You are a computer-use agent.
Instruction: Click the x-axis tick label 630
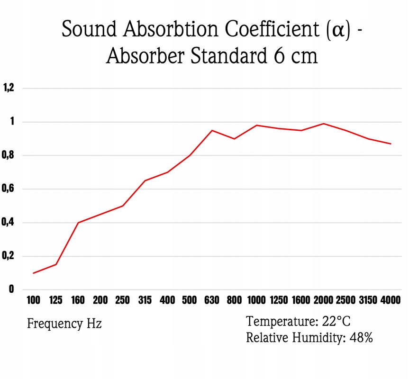pyautogui.click(x=212, y=300)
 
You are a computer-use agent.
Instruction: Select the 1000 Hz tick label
pyautogui.click(x=256, y=300)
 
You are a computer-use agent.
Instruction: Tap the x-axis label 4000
pyautogui.click(x=391, y=300)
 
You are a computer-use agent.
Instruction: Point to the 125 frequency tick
pyautogui.click(x=56, y=300)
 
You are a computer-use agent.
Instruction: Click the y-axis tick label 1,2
pyautogui.click(x=9, y=88)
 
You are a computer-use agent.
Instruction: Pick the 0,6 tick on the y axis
pyautogui.click(x=9, y=189)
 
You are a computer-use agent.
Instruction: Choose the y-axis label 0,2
pyautogui.click(x=9, y=256)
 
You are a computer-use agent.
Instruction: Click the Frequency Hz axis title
pyautogui.click(x=64, y=324)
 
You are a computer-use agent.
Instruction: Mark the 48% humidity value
pyautogui.click(x=362, y=338)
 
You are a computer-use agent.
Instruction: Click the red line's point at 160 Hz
pyautogui.click(x=78, y=222)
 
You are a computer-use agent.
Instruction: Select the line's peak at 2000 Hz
pyautogui.click(x=324, y=124)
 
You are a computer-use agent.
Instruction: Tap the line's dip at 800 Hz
pyautogui.click(x=234, y=139)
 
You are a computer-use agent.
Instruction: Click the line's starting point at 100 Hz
pyautogui.click(x=34, y=273)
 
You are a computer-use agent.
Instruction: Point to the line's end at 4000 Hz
pyautogui.click(x=391, y=144)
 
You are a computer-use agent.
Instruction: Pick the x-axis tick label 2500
pyautogui.click(x=346, y=300)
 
